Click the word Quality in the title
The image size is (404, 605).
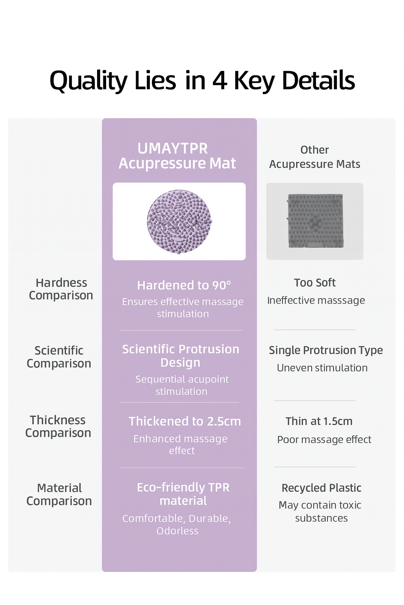pyautogui.click(x=88, y=81)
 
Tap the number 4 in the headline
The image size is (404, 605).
pyautogui.click(x=219, y=80)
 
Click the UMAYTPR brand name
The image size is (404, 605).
pyautogui.click(x=172, y=148)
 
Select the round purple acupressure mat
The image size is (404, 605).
pyautogui.click(x=179, y=221)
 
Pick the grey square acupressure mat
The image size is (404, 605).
pyautogui.click(x=315, y=221)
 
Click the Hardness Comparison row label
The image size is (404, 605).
pyautogui.click(x=61, y=289)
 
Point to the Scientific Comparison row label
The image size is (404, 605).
pyautogui.click(x=59, y=357)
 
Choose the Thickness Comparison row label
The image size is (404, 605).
pyautogui.click(x=58, y=426)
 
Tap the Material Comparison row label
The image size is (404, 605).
pyautogui.click(x=59, y=494)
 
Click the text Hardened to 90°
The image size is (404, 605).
pyautogui.click(x=184, y=285)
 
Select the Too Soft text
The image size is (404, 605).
pyautogui.click(x=315, y=282)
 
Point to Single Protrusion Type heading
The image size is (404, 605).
pyautogui.click(x=326, y=350)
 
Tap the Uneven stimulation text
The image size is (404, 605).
pyautogui.click(x=322, y=368)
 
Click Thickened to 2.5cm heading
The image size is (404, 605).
pyautogui.click(x=185, y=421)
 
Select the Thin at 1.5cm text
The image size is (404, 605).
pyautogui.click(x=319, y=421)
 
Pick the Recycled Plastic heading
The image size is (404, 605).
pyautogui.click(x=322, y=488)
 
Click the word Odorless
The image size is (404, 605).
pyautogui.click(x=178, y=531)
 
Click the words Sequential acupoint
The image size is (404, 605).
pyautogui.click(x=182, y=379)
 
